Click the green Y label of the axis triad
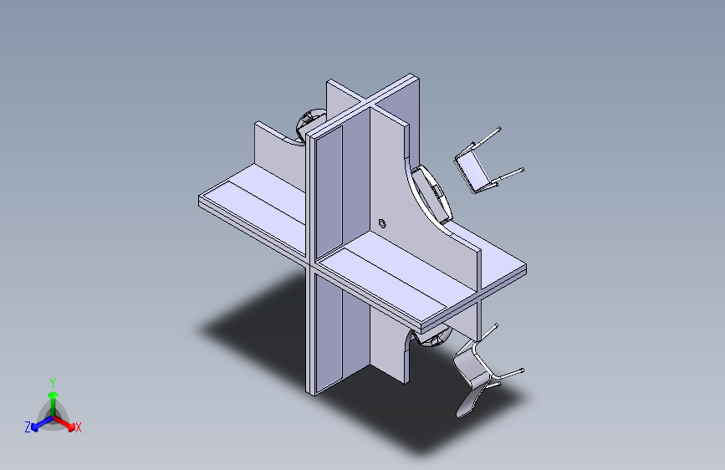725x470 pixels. coord(52,381)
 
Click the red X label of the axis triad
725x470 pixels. coord(79,428)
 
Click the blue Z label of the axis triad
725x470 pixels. coord(28,427)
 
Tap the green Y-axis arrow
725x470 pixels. coord(53,397)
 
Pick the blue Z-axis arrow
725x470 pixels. coord(38,422)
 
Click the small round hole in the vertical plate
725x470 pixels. coord(382,222)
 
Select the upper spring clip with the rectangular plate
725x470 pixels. coord(474,168)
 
